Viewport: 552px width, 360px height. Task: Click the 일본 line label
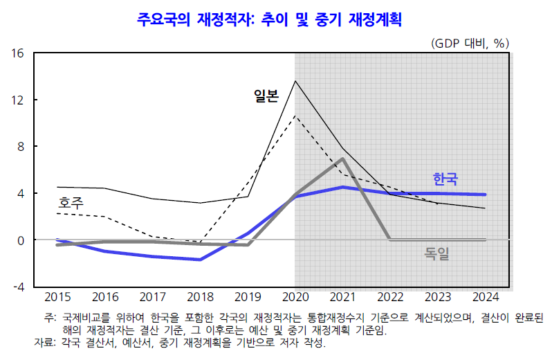[266, 96]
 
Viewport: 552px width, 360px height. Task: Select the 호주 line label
[70, 203]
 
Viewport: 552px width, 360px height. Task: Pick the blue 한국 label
[445, 179]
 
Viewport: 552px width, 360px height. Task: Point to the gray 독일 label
[436, 254]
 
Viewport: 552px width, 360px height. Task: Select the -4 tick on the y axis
[19, 287]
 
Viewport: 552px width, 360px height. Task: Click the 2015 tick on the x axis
[57, 298]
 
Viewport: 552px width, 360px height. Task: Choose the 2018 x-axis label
[200, 298]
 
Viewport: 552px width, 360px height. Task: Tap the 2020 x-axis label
[295, 298]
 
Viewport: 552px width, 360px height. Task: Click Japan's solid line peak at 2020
[295, 81]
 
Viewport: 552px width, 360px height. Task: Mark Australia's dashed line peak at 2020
[295, 116]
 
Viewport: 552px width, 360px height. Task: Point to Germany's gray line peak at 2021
[343, 159]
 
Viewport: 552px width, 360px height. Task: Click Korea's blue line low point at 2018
[200, 260]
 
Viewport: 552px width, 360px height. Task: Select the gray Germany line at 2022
[391, 240]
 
